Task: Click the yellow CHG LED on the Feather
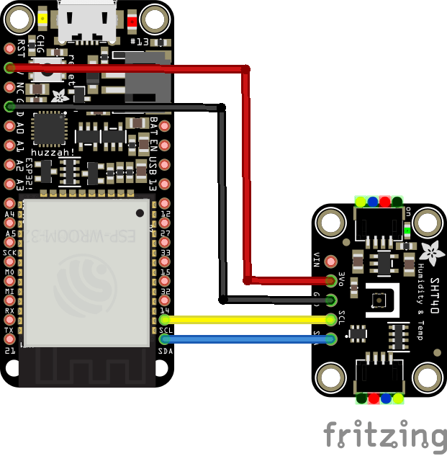click(x=45, y=20)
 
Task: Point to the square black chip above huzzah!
click(x=50, y=129)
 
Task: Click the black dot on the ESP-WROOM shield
click(x=139, y=213)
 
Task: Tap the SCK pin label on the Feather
click(x=10, y=253)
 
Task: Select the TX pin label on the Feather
click(x=9, y=330)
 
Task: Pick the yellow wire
click(x=245, y=319)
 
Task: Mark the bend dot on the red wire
click(x=245, y=70)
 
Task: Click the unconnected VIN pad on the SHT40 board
click(x=331, y=261)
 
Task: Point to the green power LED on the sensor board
click(x=407, y=231)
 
